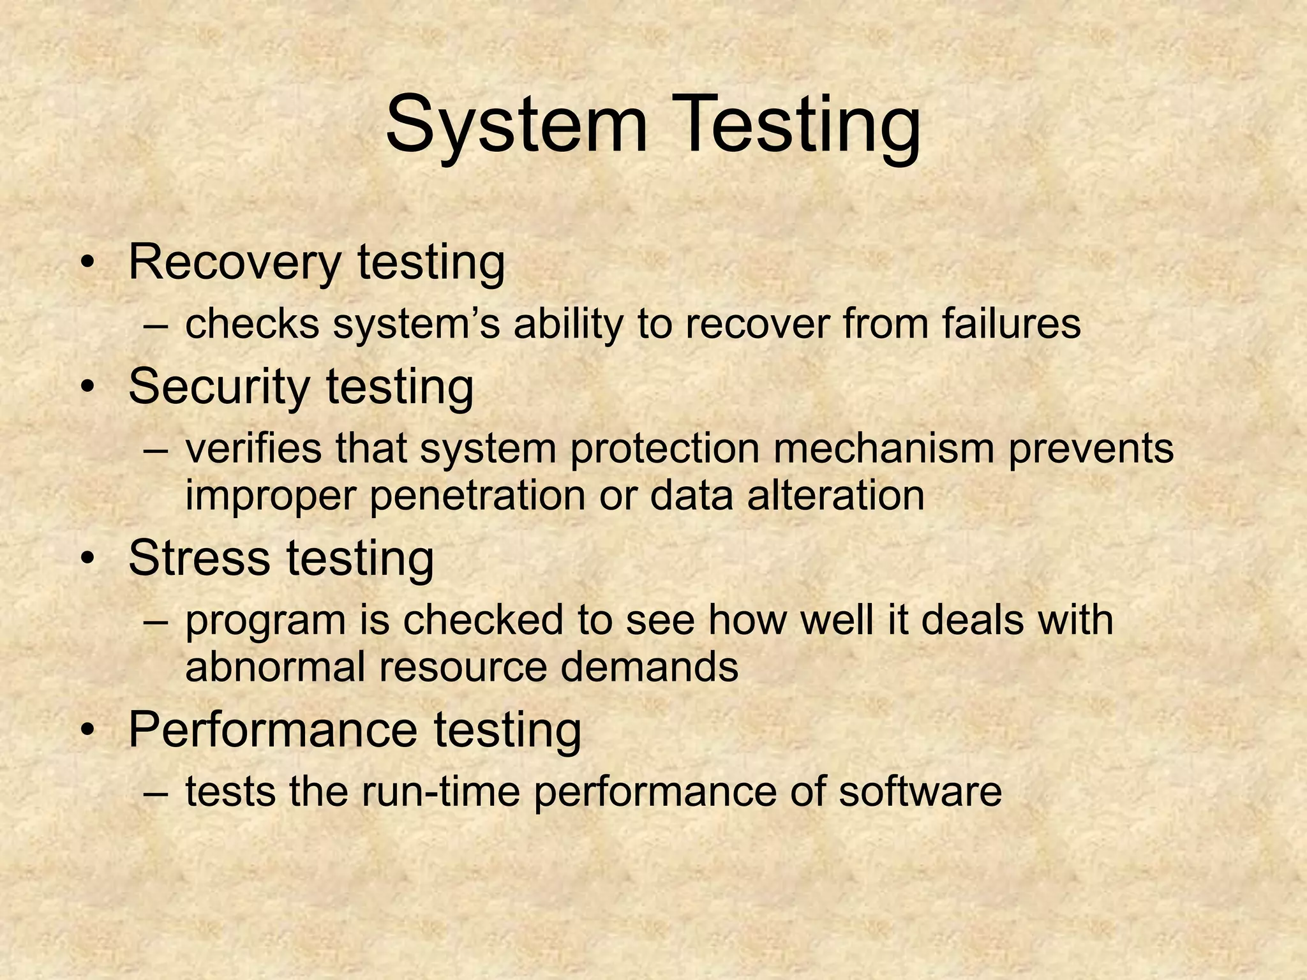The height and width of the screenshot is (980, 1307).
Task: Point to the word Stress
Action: (198, 558)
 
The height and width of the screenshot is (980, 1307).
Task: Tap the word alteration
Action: (835, 495)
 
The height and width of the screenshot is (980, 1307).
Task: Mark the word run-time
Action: (440, 792)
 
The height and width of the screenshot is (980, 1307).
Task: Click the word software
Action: (920, 792)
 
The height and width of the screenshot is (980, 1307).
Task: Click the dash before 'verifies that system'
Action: (156, 449)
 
